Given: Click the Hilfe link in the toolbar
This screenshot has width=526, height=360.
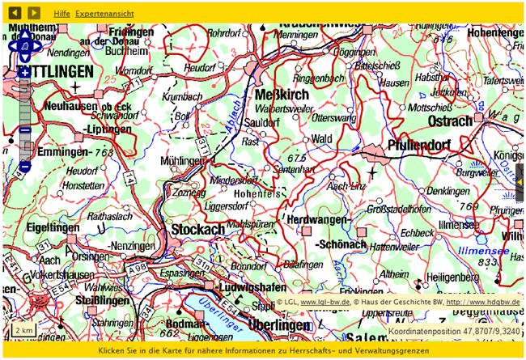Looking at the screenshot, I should (62, 14).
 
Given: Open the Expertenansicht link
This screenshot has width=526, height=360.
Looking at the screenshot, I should (106, 14).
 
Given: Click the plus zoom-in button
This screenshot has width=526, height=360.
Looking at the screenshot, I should (25, 73).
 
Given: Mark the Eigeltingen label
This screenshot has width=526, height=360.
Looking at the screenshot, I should (53, 227).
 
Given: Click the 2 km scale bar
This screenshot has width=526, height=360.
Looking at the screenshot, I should (23, 330).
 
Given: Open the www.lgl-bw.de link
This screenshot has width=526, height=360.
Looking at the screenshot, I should (325, 303).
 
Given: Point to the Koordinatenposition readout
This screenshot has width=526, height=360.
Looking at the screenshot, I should (453, 331).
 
